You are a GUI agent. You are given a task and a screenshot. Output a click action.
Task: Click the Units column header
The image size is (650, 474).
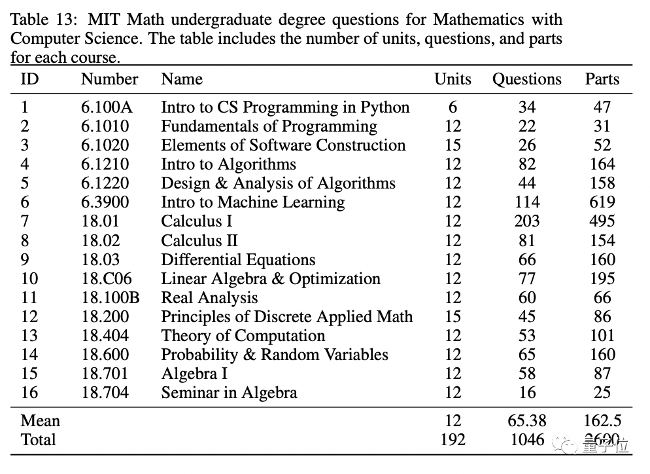[x=453, y=79]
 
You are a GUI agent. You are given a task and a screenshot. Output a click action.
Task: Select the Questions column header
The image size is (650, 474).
[x=526, y=79]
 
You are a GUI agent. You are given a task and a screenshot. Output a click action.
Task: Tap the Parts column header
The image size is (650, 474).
[x=602, y=79]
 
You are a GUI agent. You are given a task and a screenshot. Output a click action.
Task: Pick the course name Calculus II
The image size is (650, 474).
[x=199, y=240]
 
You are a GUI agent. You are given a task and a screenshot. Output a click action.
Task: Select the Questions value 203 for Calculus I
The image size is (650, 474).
[x=527, y=221]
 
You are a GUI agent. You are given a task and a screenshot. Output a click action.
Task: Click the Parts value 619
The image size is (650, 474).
[x=602, y=202]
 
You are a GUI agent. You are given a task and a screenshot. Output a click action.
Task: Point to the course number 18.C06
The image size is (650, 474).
[x=107, y=279]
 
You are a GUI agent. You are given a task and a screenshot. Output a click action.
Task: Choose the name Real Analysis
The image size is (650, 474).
[x=209, y=298]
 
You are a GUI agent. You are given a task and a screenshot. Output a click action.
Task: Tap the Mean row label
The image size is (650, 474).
[x=40, y=421]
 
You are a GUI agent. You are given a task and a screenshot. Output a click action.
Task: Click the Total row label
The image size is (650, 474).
[x=39, y=440]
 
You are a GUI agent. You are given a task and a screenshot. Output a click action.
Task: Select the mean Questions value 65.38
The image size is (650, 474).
[x=527, y=421]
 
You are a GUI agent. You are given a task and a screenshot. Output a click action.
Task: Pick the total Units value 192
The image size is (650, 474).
[x=453, y=440]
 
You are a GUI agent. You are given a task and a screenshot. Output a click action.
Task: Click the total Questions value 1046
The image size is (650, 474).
[x=527, y=440]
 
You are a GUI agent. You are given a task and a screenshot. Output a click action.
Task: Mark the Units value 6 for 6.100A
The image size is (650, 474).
[x=453, y=107]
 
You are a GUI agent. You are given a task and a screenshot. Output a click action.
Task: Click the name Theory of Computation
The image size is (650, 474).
[x=243, y=336]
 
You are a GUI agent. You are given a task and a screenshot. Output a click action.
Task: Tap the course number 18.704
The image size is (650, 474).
[x=105, y=393]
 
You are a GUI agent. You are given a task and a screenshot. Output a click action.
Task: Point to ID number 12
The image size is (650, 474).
[x=29, y=317]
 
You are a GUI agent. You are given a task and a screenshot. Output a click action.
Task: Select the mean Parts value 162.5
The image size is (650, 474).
[x=602, y=421]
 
